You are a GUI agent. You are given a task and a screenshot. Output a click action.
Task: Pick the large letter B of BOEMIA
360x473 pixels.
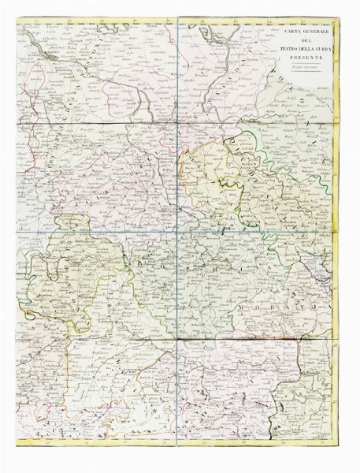[142, 256]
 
